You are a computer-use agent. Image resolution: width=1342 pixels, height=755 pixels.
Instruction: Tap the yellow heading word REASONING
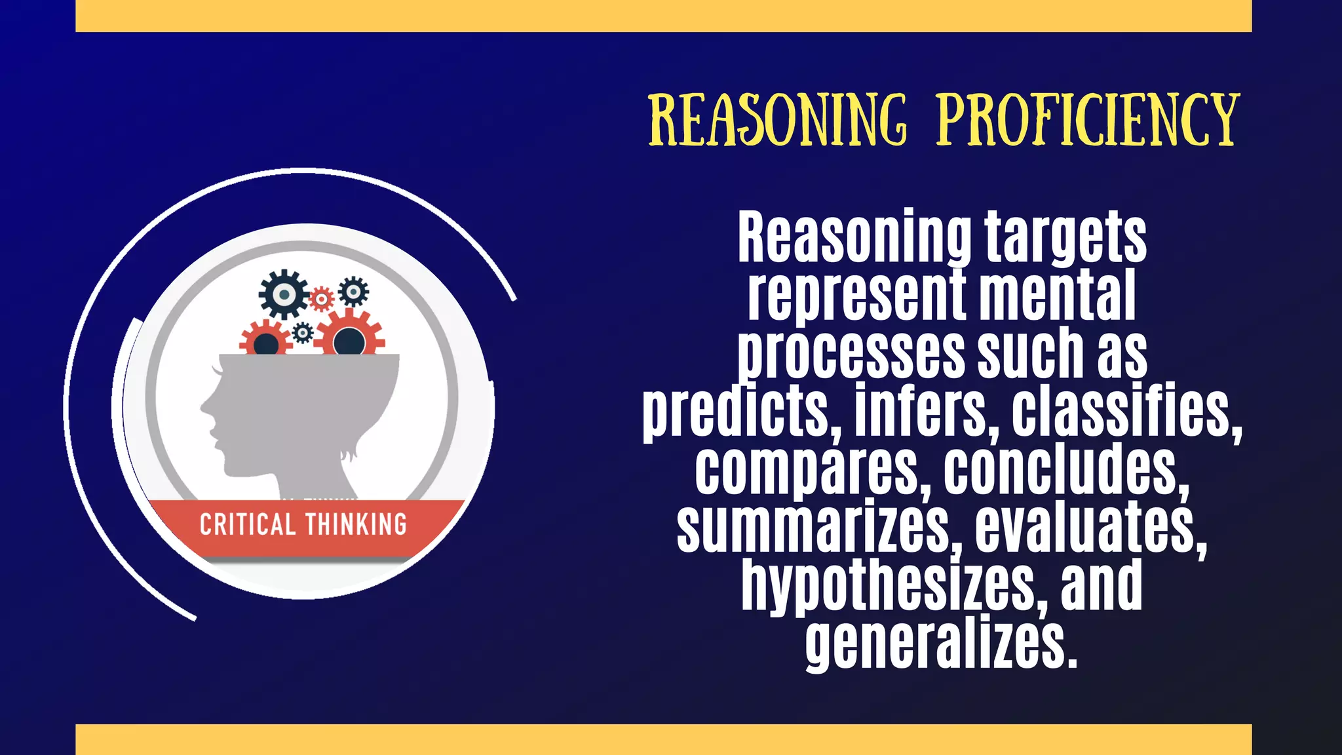pos(778,121)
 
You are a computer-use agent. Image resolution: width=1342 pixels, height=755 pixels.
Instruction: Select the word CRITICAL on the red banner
pos(247,525)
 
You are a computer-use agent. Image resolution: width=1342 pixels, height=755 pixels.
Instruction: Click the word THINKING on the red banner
pos(356,525)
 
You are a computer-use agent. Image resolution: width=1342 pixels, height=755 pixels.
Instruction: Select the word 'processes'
pos(851,354)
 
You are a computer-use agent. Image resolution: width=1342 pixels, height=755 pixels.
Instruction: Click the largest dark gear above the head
pos(283,294)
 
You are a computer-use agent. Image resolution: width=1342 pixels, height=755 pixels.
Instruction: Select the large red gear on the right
pos(349,337)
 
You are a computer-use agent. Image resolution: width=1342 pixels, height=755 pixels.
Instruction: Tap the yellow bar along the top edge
pos(663,16)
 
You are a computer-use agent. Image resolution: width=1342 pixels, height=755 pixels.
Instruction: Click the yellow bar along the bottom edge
pos(663,739)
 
